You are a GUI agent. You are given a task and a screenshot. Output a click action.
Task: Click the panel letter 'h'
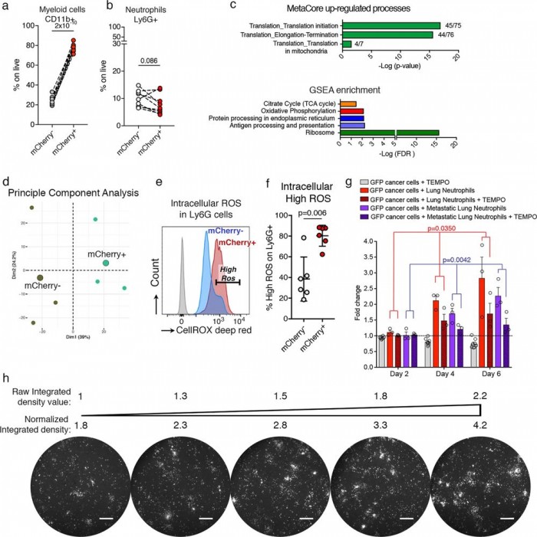[x=6, y=379]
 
